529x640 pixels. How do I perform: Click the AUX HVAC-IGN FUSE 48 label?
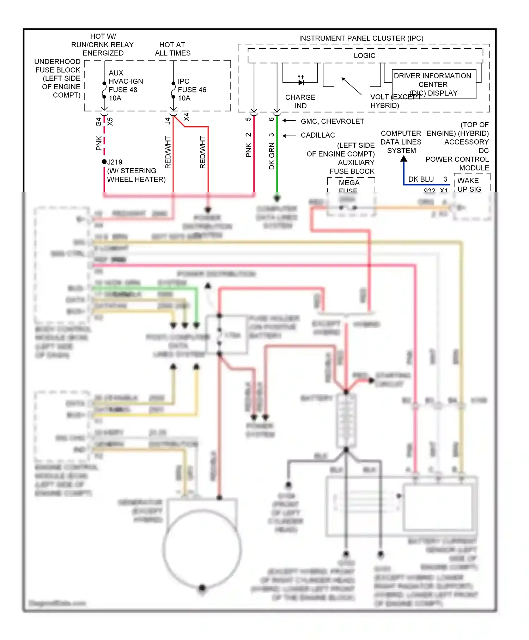125,85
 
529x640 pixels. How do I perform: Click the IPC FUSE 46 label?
191,90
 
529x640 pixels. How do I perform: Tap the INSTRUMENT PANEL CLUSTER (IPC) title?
361,38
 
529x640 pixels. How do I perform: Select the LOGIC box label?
364,55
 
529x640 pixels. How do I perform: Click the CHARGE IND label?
300,101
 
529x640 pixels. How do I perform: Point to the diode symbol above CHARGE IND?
300,82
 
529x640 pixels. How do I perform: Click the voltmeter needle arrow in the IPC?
351,86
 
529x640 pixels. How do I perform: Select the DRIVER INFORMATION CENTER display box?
433,84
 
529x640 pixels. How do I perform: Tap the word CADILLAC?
317,135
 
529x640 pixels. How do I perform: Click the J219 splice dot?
104,162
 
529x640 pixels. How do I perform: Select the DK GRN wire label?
272,156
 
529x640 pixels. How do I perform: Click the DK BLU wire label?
421,179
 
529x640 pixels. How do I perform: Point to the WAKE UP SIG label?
469,185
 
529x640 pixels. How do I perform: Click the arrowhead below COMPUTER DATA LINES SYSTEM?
404,159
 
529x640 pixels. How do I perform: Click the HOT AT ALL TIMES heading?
172,49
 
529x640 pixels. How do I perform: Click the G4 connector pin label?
98,122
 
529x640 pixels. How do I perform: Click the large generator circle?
202,549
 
